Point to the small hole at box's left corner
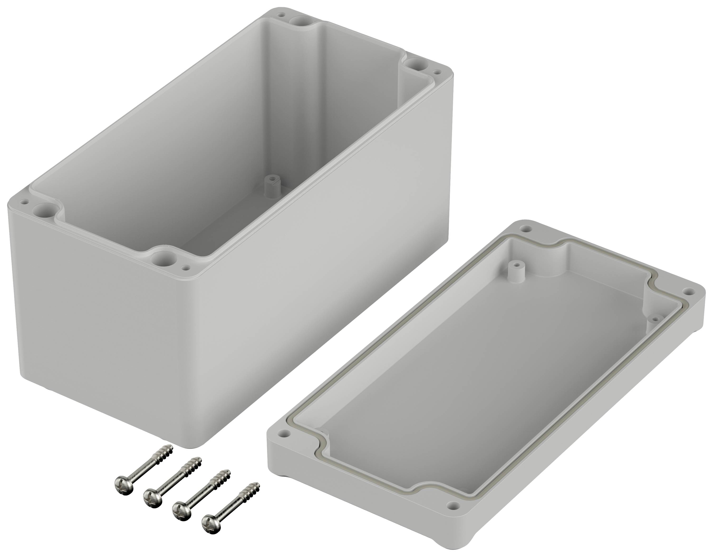24,203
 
